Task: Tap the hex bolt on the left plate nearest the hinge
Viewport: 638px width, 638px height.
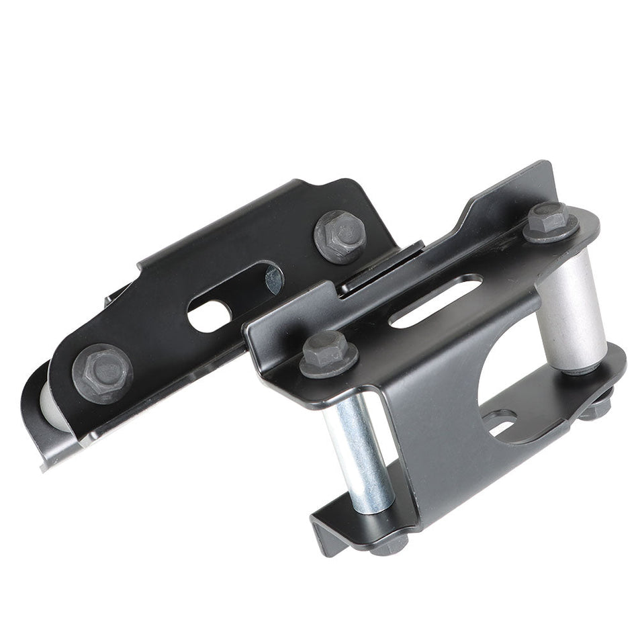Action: click(x=339, y=236)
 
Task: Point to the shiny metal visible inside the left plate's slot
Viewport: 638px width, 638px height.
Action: click(x=273, y=279)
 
